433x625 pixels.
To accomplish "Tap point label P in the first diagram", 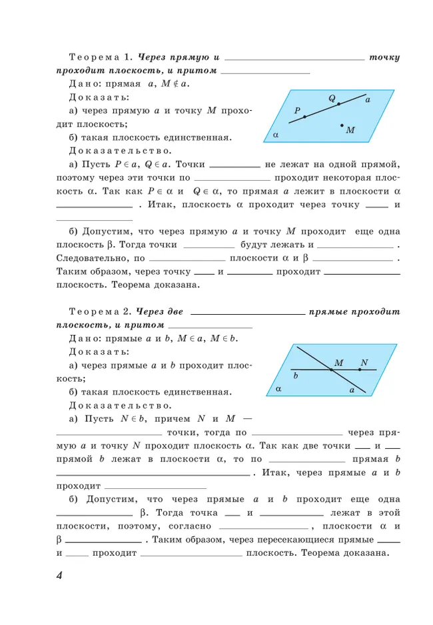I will pos(297,110).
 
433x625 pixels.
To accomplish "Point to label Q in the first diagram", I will pos(331,98).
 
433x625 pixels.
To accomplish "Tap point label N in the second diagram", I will pos(364,363).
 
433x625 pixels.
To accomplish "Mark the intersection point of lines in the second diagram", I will pos(331,370).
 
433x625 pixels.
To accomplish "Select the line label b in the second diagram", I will pos(295,376).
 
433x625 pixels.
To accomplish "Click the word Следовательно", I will pos(93,257).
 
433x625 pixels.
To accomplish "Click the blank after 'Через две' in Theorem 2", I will pos(247,312).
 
